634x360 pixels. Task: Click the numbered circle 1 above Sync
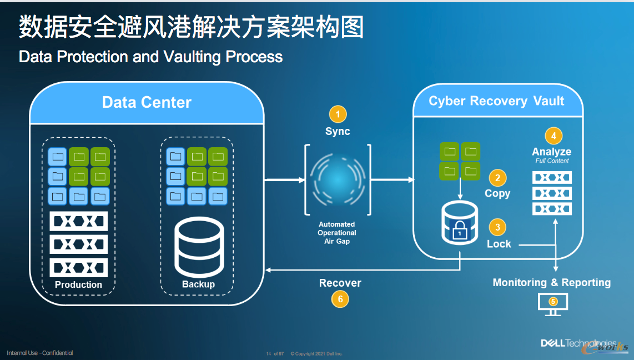(x=338, y=114)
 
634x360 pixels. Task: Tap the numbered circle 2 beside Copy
(x=497, y=178)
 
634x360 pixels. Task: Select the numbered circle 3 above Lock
(x=497, y=227)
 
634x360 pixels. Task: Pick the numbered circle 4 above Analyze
(x=552, y=135)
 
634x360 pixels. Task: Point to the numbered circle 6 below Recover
(x=340, y=299)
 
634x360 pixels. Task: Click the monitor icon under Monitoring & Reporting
(x=553, y=303)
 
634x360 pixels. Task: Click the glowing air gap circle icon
(x=337, y=179)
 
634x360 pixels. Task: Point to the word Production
(x=78, y=284)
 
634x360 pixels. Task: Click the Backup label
(x=198, y=284)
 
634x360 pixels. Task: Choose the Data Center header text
(x=147, y=103)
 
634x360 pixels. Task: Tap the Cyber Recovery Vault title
(x=496, y=101)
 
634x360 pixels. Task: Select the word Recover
(x=340, y=283)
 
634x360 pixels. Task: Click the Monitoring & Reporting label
(x=551, y=282)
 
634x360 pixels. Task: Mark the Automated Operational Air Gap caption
(x=337, y=233)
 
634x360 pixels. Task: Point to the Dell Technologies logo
(x=578, y=343)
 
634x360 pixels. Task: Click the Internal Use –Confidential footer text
(x=39, y=353)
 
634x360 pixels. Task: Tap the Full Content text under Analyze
(x=552, y=161)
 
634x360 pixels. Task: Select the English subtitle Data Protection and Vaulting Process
(x=150, y=57)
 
